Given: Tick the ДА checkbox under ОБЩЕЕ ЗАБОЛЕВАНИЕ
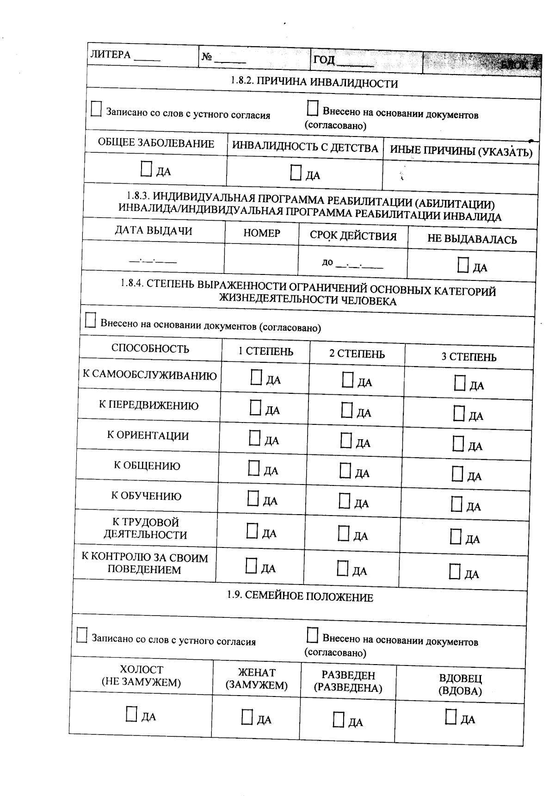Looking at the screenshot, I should [x=146, y=169].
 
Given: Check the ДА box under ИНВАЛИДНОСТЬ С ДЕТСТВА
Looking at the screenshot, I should [x=296, y=173].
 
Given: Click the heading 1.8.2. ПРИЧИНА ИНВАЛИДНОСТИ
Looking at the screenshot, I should [x=314, y=82].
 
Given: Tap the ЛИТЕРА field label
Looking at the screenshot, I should [x=111, y=55].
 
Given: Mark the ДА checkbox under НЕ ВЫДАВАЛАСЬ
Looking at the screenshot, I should [x=463, y=265].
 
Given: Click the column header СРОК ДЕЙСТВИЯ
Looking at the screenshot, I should [x=353, y=236].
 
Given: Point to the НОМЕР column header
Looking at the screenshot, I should [x=262, y=233].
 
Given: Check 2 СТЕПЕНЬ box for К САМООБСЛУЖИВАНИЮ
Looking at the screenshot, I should [x=348, y=380].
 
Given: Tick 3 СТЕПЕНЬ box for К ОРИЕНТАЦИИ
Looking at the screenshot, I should [x=458, y=444].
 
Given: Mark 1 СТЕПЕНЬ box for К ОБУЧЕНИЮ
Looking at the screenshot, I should [x=253, y=498].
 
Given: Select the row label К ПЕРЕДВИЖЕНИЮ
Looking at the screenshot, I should [x=148, y=405].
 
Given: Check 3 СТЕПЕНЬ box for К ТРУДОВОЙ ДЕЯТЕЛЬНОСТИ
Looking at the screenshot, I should [x=456, y=537].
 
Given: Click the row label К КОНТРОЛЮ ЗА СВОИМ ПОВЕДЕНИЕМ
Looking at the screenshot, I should [x=145, y=564].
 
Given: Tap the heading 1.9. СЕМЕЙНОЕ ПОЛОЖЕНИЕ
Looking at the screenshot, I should [x=300, y=596].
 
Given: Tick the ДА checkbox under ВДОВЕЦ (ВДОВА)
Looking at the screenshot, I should [x=451, y=717].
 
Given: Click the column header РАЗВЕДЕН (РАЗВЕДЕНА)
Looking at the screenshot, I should [x=348, y=681].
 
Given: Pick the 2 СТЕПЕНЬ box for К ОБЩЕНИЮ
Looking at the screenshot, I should [x=345, y=471].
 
